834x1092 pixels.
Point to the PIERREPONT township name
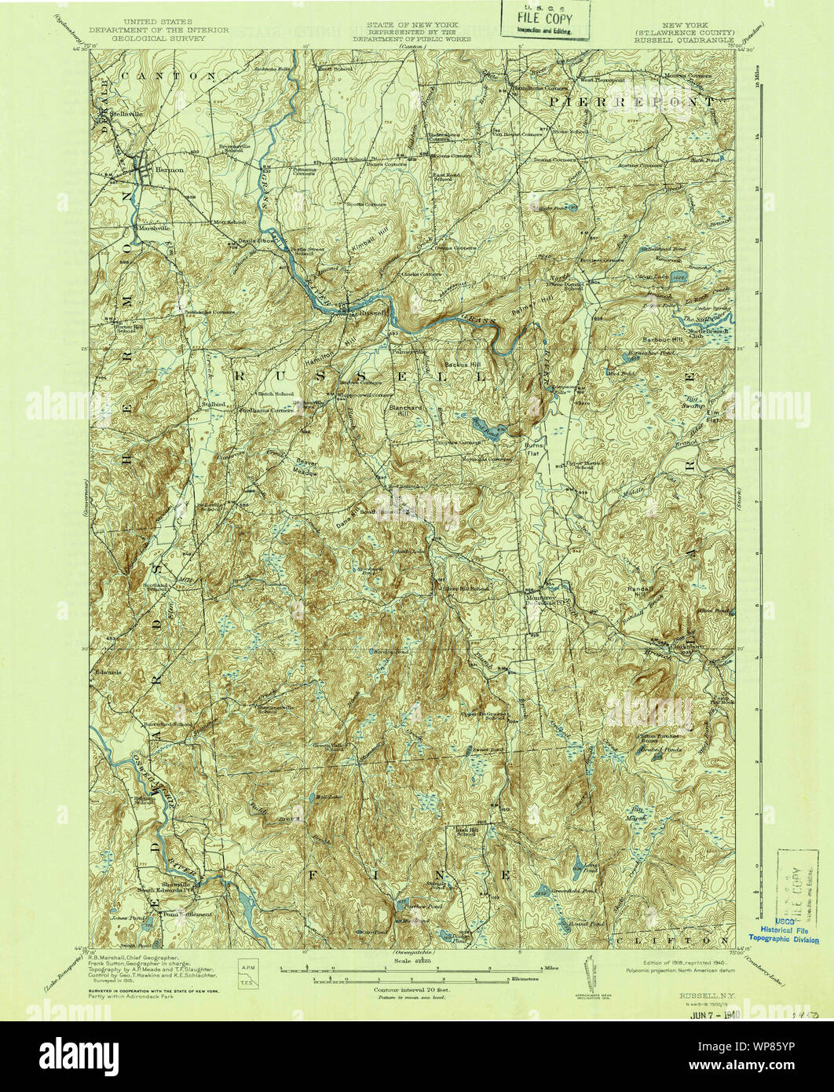pyautogui.click(x=631, y=102)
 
